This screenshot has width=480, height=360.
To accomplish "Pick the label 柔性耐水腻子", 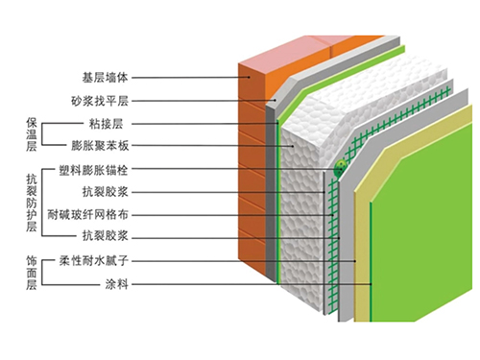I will (96, 259).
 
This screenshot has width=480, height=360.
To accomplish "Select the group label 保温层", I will (31, 134).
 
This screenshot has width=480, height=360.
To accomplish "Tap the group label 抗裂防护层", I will (31, 203).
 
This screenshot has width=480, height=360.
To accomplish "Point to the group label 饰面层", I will (31, 272).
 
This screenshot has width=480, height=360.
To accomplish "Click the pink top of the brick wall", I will (298, 48).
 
